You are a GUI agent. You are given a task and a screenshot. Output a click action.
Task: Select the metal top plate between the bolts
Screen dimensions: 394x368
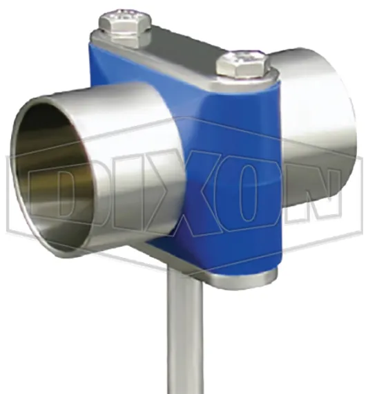point(183,48)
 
